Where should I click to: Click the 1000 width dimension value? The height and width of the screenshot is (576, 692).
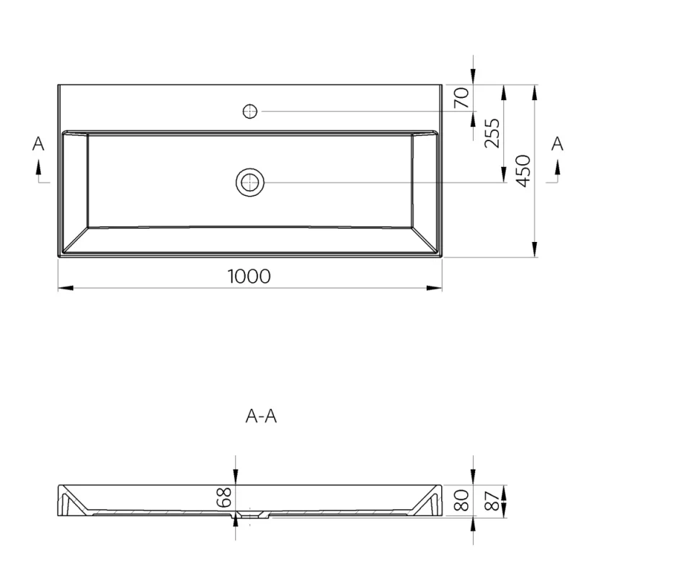249,276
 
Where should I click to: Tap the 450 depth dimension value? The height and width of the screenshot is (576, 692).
524,171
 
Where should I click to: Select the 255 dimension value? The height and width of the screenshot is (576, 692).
492,132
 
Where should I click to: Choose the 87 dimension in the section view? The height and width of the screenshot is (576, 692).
493,500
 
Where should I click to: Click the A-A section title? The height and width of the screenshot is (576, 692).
261,416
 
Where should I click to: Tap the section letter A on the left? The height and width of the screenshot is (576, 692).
38,144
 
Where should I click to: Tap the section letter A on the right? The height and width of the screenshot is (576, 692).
557,144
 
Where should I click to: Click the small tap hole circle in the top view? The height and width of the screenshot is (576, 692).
250,111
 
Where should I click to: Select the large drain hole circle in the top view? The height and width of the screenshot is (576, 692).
250,182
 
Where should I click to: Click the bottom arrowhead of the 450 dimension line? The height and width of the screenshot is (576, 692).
534,250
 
